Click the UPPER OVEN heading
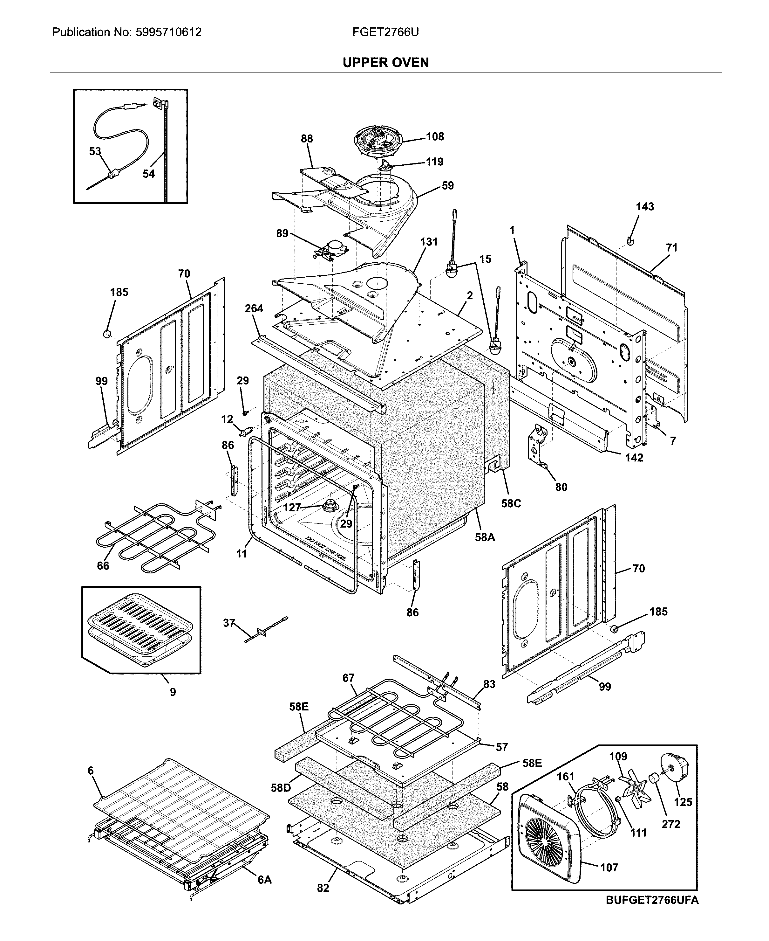click(385, 63)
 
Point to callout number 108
click(435, 136)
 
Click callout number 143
click(644, 207)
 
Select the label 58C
click(511, 503)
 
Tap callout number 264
click(254, 308)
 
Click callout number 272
click(671, 824)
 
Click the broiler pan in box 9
click(141, 629)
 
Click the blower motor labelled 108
click(377, 141)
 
